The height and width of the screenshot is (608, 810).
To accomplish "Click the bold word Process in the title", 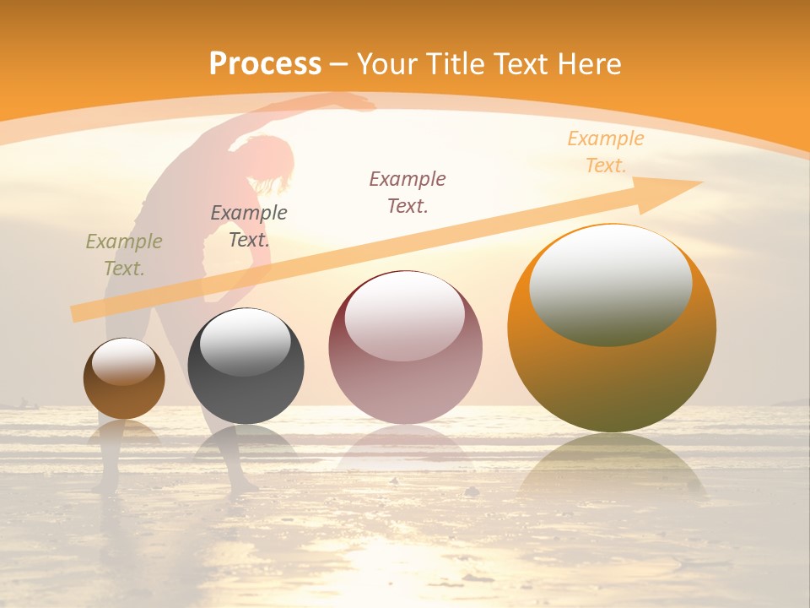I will (265, 64).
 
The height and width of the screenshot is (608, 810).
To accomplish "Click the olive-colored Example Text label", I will (124, 254).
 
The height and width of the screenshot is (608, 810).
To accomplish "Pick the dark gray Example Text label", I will (249, 225).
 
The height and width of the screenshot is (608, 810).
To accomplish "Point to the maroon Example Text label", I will (408, 192).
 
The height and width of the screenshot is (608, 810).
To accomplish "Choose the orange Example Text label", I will (606, 151).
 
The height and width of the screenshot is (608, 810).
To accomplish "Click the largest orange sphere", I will (612, 372).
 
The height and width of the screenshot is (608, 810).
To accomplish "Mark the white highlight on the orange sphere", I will (610, 285).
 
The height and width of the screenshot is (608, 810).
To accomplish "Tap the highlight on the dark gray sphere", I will (246, 342).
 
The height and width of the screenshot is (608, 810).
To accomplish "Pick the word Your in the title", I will (385, 64).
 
